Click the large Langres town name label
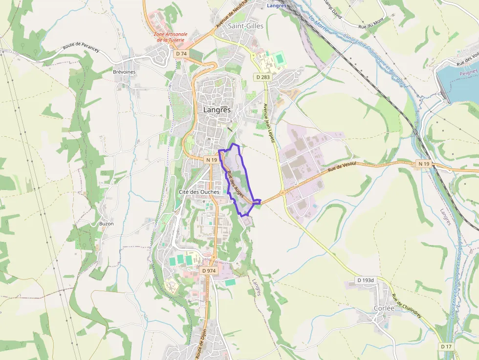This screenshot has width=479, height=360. coord(217,110)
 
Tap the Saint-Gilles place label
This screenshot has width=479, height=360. coord(246,26)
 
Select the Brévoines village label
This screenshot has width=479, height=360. coord(124,72)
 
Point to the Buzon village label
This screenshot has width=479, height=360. coord(106,224)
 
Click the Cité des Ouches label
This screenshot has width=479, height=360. coord(199,191)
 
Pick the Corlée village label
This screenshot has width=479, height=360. coord(384,308)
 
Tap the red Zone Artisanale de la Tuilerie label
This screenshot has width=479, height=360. coord(170,37)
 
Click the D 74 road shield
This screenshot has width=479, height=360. coord(181,53)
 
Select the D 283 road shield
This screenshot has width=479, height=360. coord(262,77)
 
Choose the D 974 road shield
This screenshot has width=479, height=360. coord(209,270)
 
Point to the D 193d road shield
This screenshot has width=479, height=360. coord(365,280)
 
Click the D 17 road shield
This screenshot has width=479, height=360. coord(446,346)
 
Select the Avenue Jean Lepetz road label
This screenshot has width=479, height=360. coord(269,122)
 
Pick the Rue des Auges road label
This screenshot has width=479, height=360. coord(236,185)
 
